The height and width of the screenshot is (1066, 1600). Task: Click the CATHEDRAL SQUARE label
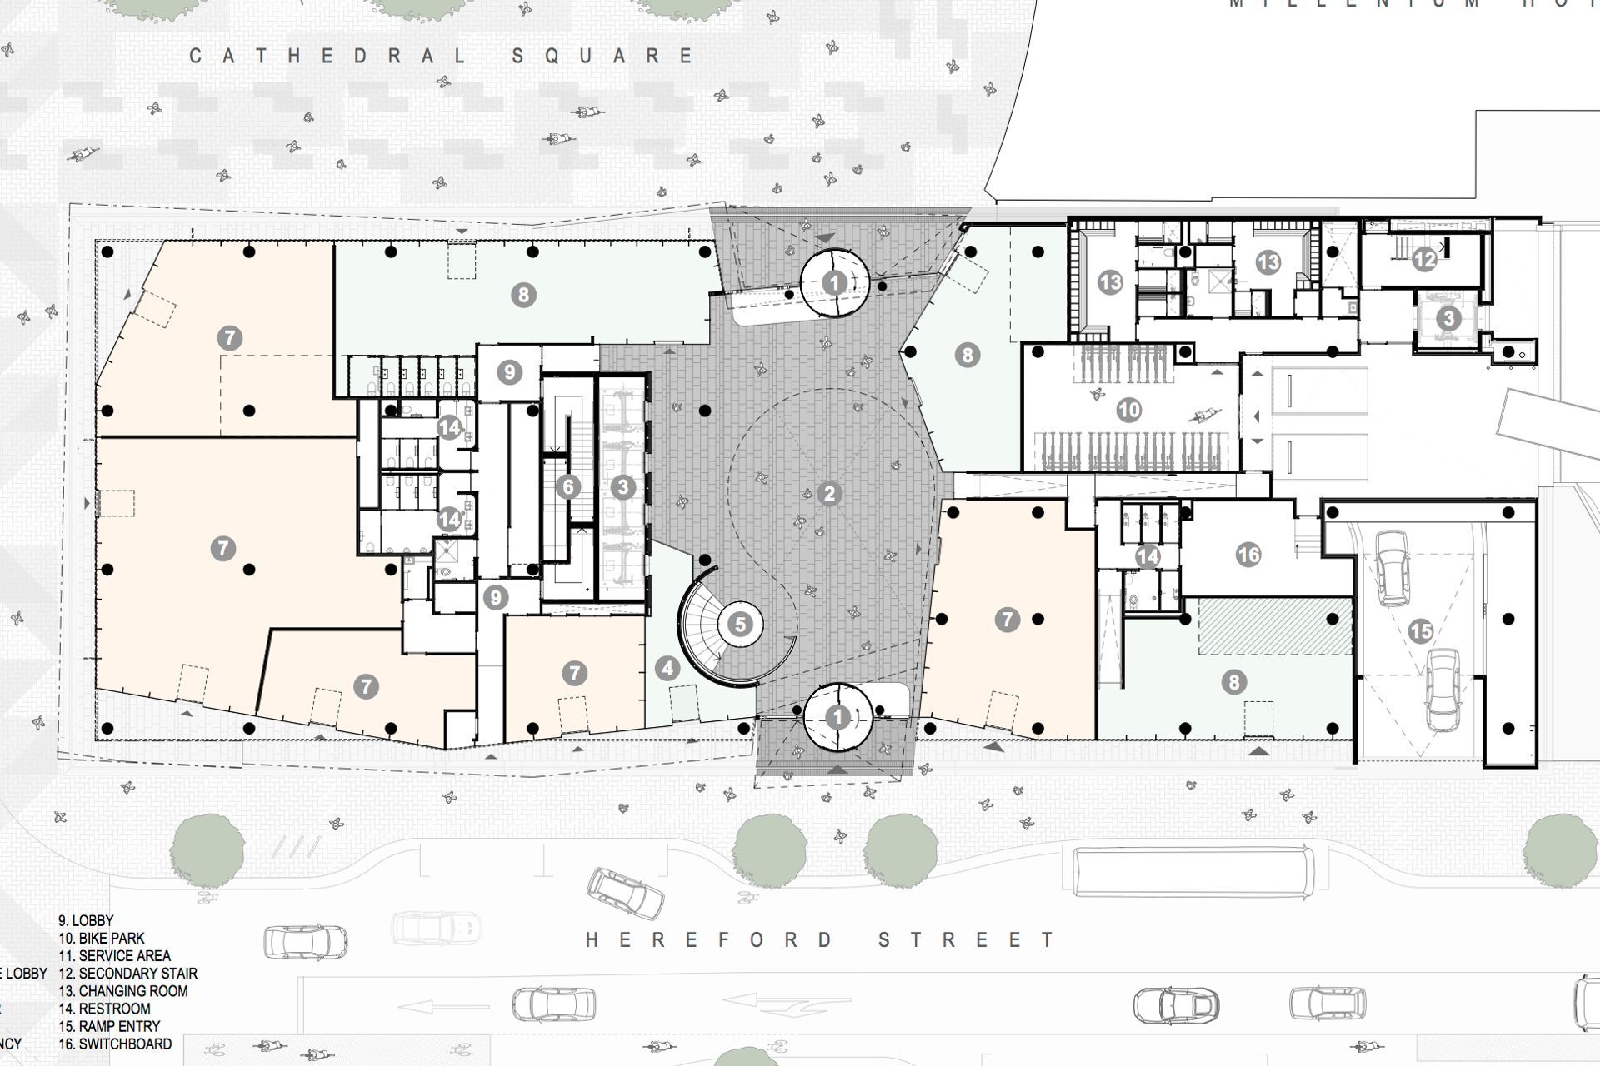pos(442,56)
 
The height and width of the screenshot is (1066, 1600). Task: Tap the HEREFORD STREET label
pos(821,940)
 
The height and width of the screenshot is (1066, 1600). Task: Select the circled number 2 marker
pos(828,494)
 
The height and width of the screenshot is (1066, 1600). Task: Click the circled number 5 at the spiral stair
pos(740,624)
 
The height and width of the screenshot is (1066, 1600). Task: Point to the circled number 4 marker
pos(667,668)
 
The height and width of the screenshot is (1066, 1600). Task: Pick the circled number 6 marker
pos(568,487)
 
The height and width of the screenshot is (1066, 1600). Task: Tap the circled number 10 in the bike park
pos(1128,410)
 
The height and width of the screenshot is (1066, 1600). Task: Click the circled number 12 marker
pos(1424,260)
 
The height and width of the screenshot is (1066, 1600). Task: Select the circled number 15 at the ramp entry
pos(1420,631)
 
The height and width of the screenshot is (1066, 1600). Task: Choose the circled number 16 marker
pos(1247,555)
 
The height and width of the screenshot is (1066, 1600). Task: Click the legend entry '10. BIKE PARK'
pos(102,939)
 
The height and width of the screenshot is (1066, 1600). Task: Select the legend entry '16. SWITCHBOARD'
pos(115,1044)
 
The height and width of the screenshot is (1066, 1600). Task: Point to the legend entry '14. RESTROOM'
pos(104,1009)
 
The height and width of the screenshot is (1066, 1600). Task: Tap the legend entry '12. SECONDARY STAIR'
pos(127,974)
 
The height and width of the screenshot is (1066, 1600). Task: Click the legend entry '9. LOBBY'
pos(86,921)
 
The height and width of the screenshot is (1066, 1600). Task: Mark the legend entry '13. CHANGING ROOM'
pos(122,991)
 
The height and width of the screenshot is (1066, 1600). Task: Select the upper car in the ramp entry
pos(1392,569)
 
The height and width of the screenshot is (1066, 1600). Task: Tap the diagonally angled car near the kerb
pos(627,893)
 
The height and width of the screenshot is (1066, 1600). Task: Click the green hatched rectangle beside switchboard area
pos(1275,625)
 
